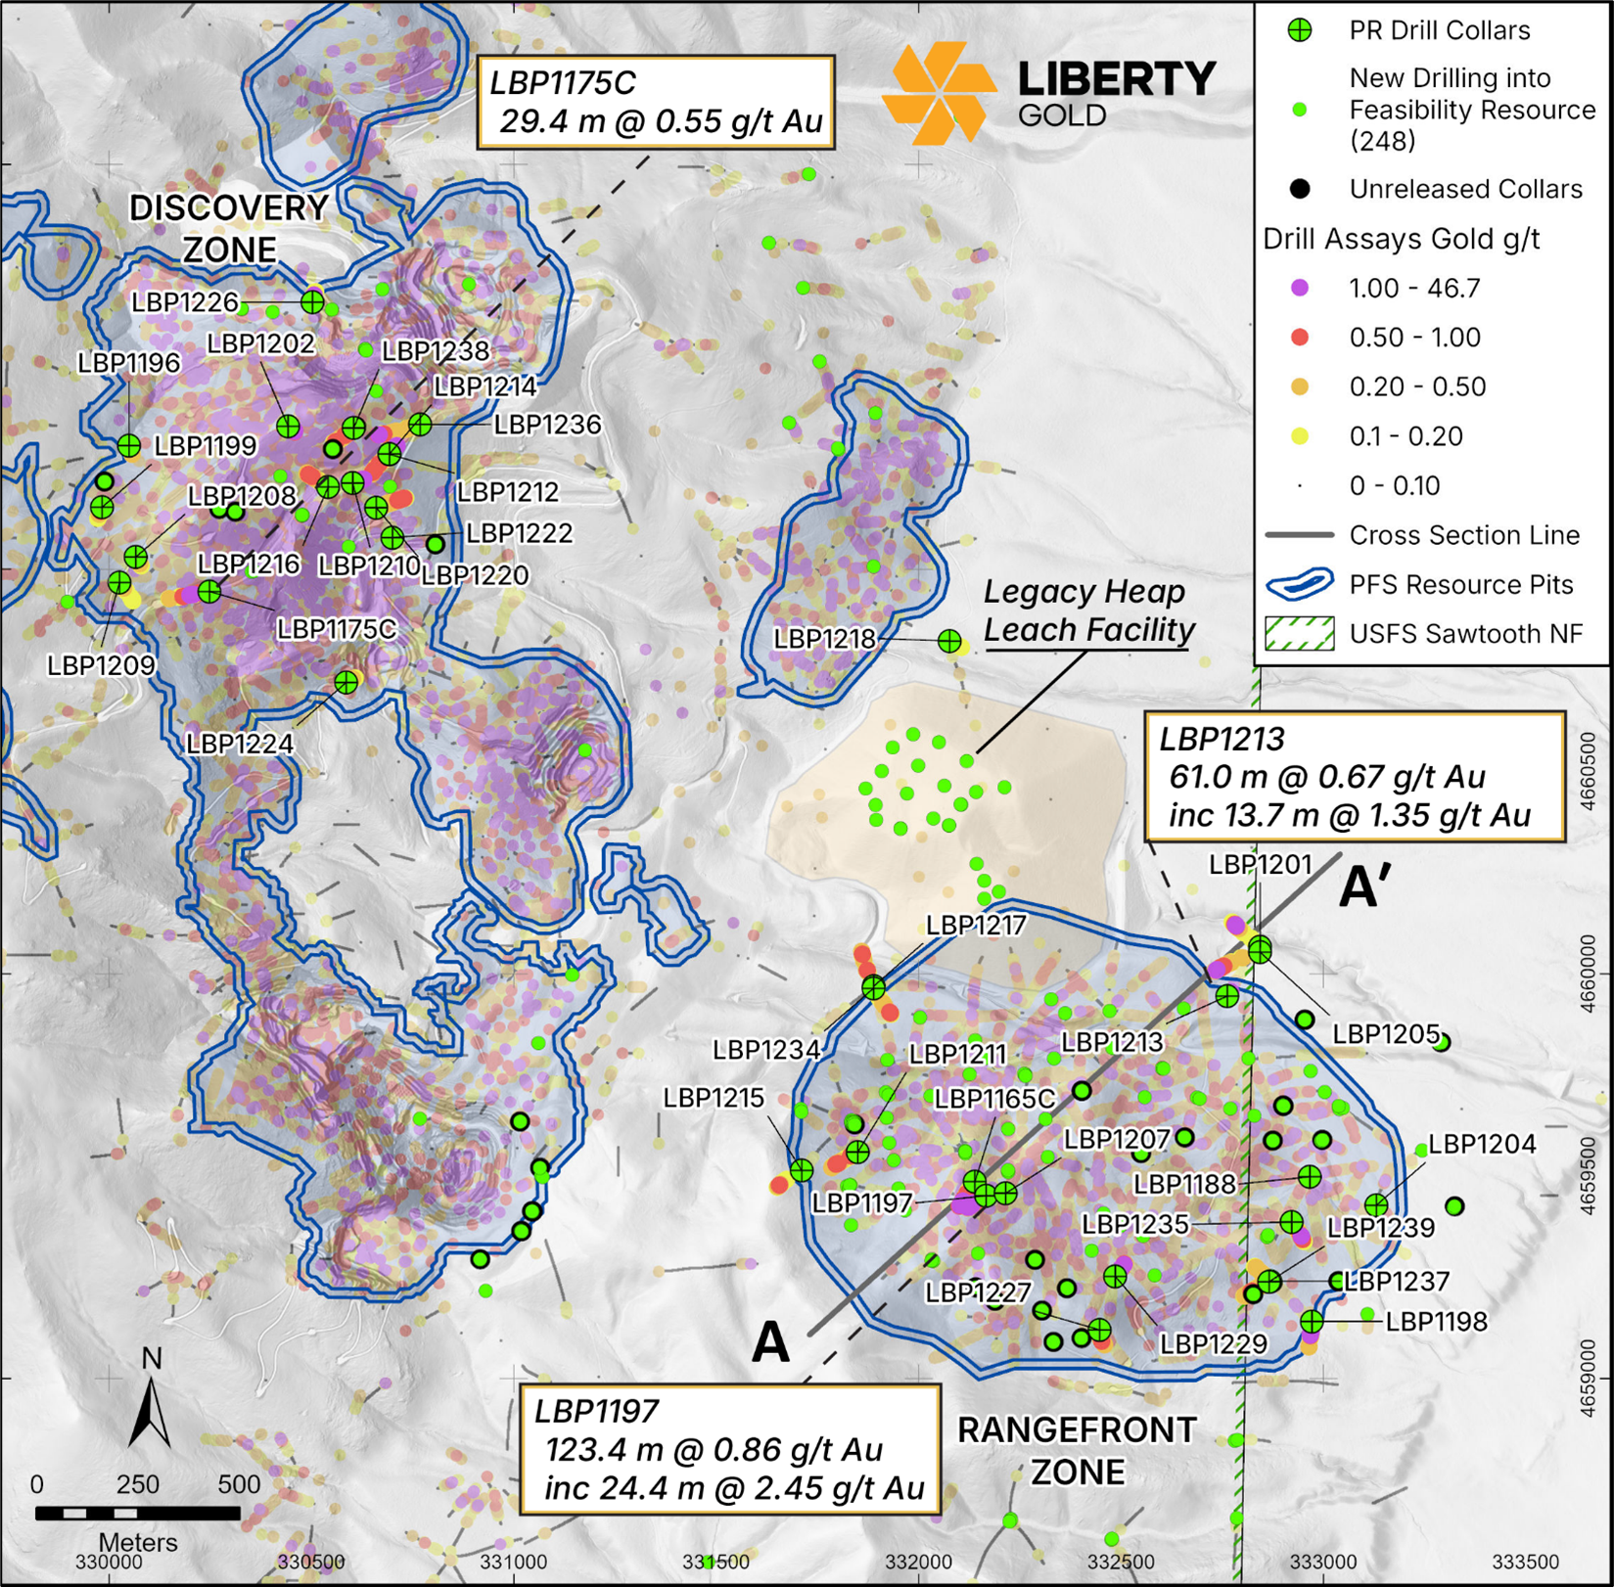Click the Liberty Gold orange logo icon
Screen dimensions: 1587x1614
click(x=939, y=93)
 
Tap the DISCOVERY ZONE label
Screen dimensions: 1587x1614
click(x=230, y=229)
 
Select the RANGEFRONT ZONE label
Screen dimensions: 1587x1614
click(x=1077, y=1450)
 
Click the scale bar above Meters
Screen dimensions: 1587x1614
click(x=137, y=1513)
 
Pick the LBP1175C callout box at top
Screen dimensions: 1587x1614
click(x=656, y=102)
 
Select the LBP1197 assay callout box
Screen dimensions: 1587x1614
click(x=729, y=1449)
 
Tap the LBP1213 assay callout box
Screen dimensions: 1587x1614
click(x=1355, y=777)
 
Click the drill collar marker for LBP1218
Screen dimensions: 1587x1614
click(x=949, y=641)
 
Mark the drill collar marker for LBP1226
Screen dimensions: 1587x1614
click(x=312, y=301)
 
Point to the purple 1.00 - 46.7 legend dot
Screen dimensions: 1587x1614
click(x=1300, y=288)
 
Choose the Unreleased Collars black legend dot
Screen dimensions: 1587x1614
click(x=1300, y=189)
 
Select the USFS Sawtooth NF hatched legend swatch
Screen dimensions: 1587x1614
click(x=1300, y=634)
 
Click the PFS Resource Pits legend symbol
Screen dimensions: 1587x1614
click(x=1300, y=585)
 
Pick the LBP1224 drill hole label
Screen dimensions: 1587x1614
click(x=240, y=744)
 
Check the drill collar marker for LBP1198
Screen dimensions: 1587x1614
click(x=1313, y=1322)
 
